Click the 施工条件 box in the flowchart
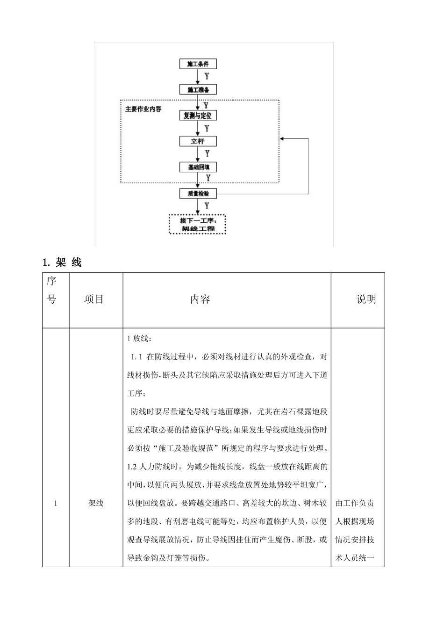[198, 64]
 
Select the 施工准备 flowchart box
[198, 90]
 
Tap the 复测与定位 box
[198, 116]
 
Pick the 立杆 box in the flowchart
[198, 141]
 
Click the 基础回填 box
[198, 167]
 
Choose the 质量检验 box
[198, 193]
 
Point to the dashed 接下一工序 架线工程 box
[197, 224]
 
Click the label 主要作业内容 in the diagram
[143, 109]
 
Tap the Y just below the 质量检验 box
[207, 205]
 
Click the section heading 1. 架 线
[62, 263]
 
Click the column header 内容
[200, 300]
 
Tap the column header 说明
[366, 300]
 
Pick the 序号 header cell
[51, 290]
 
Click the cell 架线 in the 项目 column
[96, 504]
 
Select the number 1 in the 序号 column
[56, 504]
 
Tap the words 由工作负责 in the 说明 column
[355, 504]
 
